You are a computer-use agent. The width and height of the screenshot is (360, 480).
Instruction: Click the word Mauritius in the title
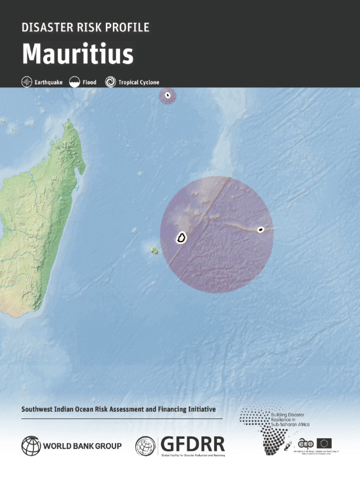(x=78, y=54)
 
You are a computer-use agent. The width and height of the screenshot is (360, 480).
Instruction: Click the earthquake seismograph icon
(x=27, y=82)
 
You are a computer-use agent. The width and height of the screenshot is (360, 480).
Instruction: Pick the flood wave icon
(x=75, y=82)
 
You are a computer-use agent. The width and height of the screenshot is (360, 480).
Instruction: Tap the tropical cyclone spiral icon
(x=111, y=82)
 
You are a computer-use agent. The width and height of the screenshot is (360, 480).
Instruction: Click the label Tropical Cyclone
(x=138, y=82)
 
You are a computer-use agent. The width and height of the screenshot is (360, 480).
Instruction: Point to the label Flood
(x=90, y=82)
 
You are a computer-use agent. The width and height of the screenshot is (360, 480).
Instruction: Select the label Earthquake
(x=48, y=82)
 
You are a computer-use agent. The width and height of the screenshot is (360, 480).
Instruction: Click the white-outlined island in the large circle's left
(x=181, y=238)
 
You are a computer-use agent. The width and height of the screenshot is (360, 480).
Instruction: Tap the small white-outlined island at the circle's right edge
(x=261, y=229)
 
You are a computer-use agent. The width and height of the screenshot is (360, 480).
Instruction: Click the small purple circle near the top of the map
(x=167, y=96)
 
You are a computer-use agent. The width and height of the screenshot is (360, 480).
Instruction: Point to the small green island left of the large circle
(x=153, y=251)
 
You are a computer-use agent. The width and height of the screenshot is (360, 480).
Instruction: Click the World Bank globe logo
(x=31, y=446)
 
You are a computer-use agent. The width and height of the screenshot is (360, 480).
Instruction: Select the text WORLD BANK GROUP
(x=82, y=446)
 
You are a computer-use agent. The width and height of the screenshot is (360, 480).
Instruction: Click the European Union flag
(x=324, y=443)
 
